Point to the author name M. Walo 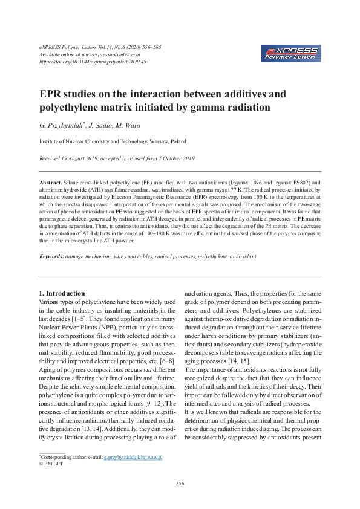point(126,126)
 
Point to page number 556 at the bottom point(180,484)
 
